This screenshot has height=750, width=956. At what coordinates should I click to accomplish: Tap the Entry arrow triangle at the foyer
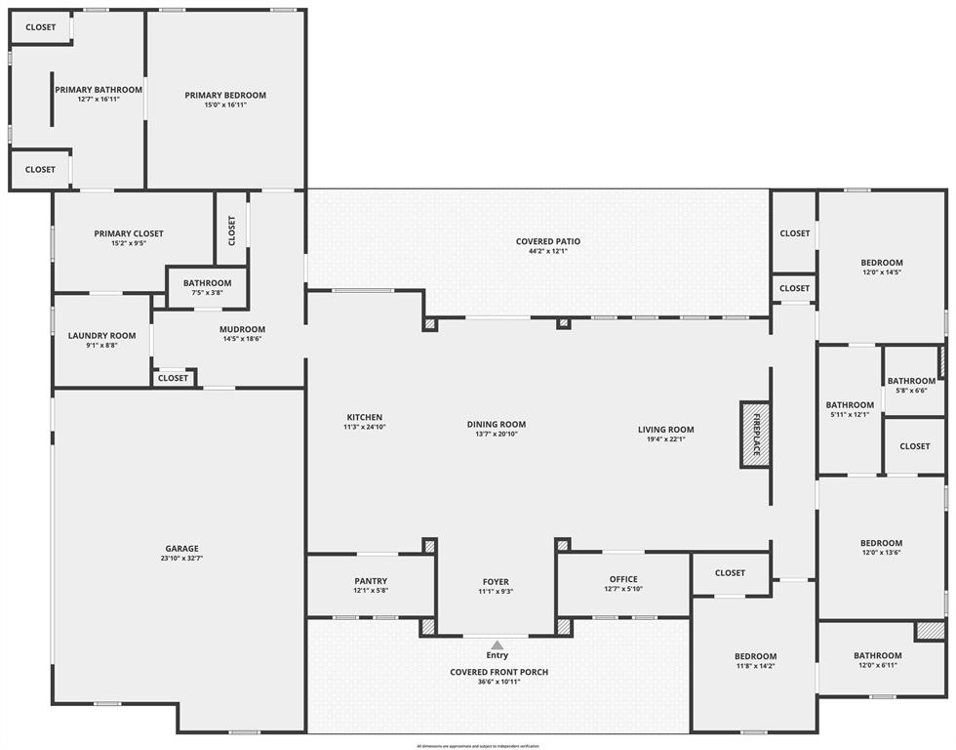click(498, 645)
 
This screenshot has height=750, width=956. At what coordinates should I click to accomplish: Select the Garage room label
click(181, 549)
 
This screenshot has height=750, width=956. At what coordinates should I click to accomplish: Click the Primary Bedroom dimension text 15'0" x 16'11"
click(225, 104)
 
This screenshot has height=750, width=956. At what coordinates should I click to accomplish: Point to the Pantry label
click(371, 581)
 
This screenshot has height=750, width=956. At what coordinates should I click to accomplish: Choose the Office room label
click(623, 579)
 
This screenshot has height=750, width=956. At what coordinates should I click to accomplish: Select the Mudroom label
click(242, 329)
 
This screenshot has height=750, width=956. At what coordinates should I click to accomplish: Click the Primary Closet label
click(129, 233)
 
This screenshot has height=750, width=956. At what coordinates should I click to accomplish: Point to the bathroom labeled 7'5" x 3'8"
click(207, 283)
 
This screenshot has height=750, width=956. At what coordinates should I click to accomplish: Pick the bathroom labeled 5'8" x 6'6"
click(911, 382)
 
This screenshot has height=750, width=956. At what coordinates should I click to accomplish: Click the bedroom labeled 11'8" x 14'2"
click(755, 656)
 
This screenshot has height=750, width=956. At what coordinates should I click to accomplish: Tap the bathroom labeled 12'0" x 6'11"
click(877, 656)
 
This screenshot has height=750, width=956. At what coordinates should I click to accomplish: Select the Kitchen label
click(363, 417)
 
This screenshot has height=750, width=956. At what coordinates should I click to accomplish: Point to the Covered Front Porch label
click(498, 672)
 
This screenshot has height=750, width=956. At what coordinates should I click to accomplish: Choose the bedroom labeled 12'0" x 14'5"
click(881, 263)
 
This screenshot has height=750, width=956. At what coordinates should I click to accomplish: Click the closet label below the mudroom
click(173, 378)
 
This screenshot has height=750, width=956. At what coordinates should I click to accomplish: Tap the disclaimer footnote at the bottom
click(478, 745)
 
